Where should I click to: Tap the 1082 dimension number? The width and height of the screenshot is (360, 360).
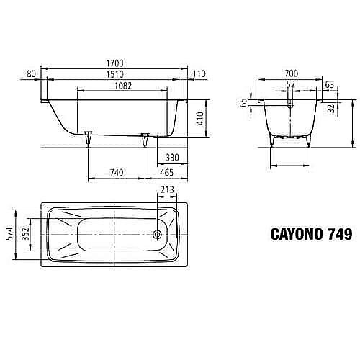click(x=115, y=84)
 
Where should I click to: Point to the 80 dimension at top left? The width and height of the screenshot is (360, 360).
click(x=30, y=73)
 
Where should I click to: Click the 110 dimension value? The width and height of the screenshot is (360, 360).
click(x=200, y=73)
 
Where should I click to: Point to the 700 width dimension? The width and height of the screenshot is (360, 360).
click(x=291, y=73)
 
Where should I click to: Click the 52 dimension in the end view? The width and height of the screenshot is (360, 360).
click(x=291, y=84)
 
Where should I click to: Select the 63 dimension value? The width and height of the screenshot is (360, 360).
click(x=329, y=84)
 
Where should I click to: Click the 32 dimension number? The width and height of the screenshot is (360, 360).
click(x=329, y=109)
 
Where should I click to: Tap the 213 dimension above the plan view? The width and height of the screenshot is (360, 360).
click(x=167, y=189)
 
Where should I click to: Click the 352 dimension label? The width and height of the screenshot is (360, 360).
click(x=24, y=233)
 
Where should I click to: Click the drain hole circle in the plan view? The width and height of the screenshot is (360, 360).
click(x=158, y=234)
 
